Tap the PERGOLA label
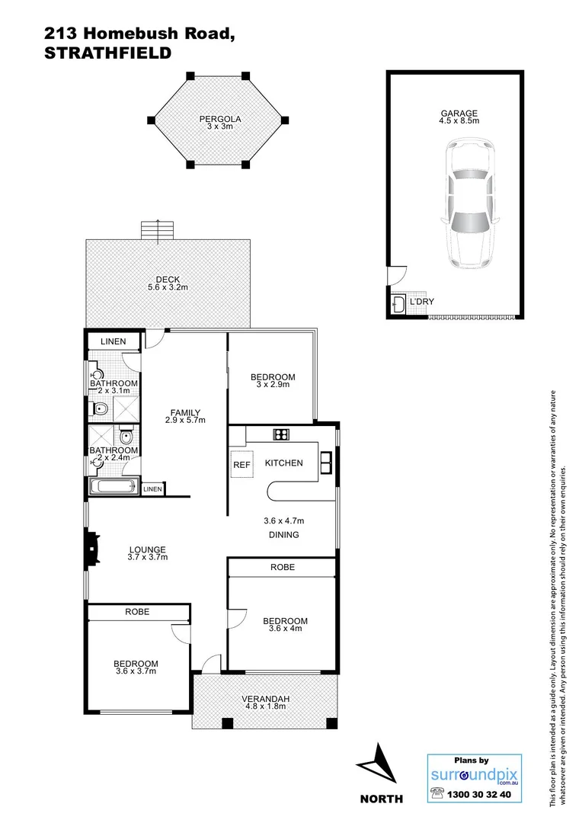(220, 122)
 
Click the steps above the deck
(152, 229)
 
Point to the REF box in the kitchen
(241, 464)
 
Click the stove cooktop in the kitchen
(281, 435)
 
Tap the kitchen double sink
(325, 462)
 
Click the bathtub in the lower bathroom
(114, 487)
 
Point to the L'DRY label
(421, 303)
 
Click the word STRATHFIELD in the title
(107, 53)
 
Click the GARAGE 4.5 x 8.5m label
(459, 117)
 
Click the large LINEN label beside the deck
(114, 341)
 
